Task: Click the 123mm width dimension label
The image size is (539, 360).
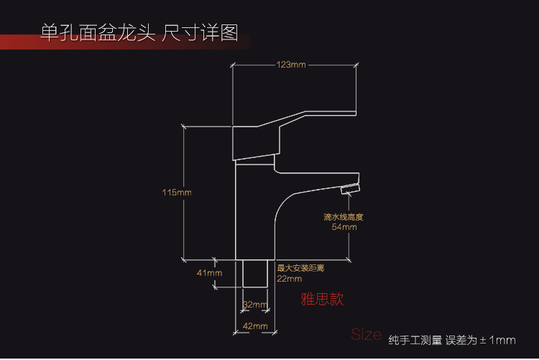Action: point(291,65)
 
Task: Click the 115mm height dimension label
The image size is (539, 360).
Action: point(177,192)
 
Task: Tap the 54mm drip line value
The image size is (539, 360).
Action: point(344,227)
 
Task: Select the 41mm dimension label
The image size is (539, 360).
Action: point(210,273)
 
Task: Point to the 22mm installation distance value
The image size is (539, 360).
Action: point(289,278)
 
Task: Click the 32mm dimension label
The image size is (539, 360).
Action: point(254,305)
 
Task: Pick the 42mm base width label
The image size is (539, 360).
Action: point(254,326)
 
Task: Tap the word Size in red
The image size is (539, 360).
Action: point(366,334)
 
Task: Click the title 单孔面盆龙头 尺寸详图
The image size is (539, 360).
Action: point(139,33)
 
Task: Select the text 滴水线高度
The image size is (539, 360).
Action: point(344,216)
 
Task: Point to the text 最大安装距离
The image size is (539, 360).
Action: point(300,268)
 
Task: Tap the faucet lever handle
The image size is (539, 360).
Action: point(302,122)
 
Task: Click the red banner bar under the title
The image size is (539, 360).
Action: point(108,45)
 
